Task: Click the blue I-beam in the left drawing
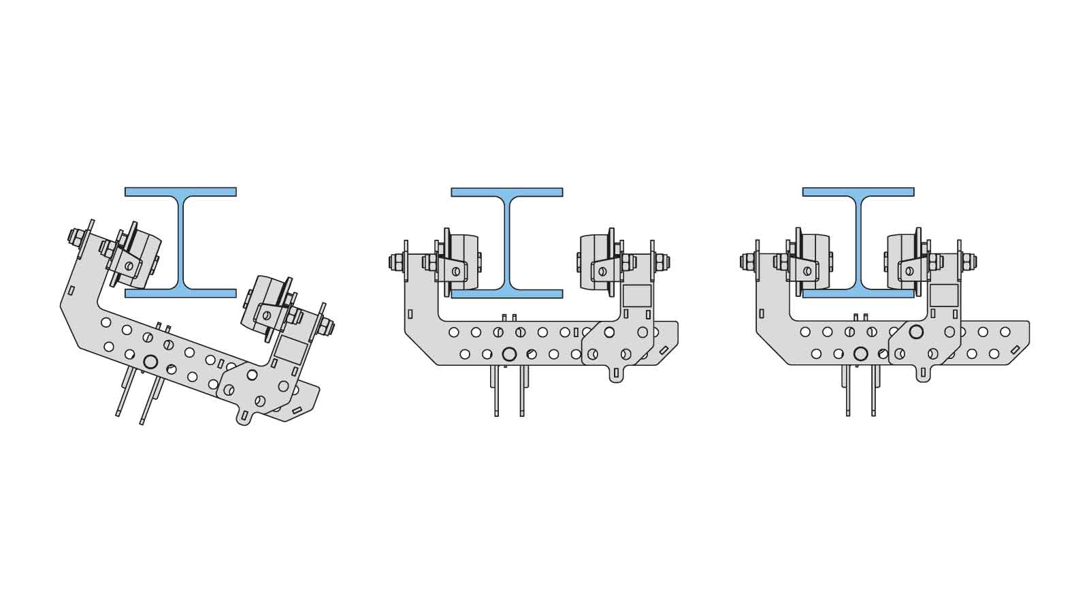point(180,242)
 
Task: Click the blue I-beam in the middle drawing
point(507,242)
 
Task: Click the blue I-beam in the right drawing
point(858,242)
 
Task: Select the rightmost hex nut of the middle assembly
point(662,262)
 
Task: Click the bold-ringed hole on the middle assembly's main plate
point(508,354)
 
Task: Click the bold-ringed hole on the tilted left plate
point(150,362)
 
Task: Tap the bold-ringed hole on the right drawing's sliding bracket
point(916,332)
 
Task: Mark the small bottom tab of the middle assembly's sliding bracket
point(616,375)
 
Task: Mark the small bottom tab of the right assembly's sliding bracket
point(923,374)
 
